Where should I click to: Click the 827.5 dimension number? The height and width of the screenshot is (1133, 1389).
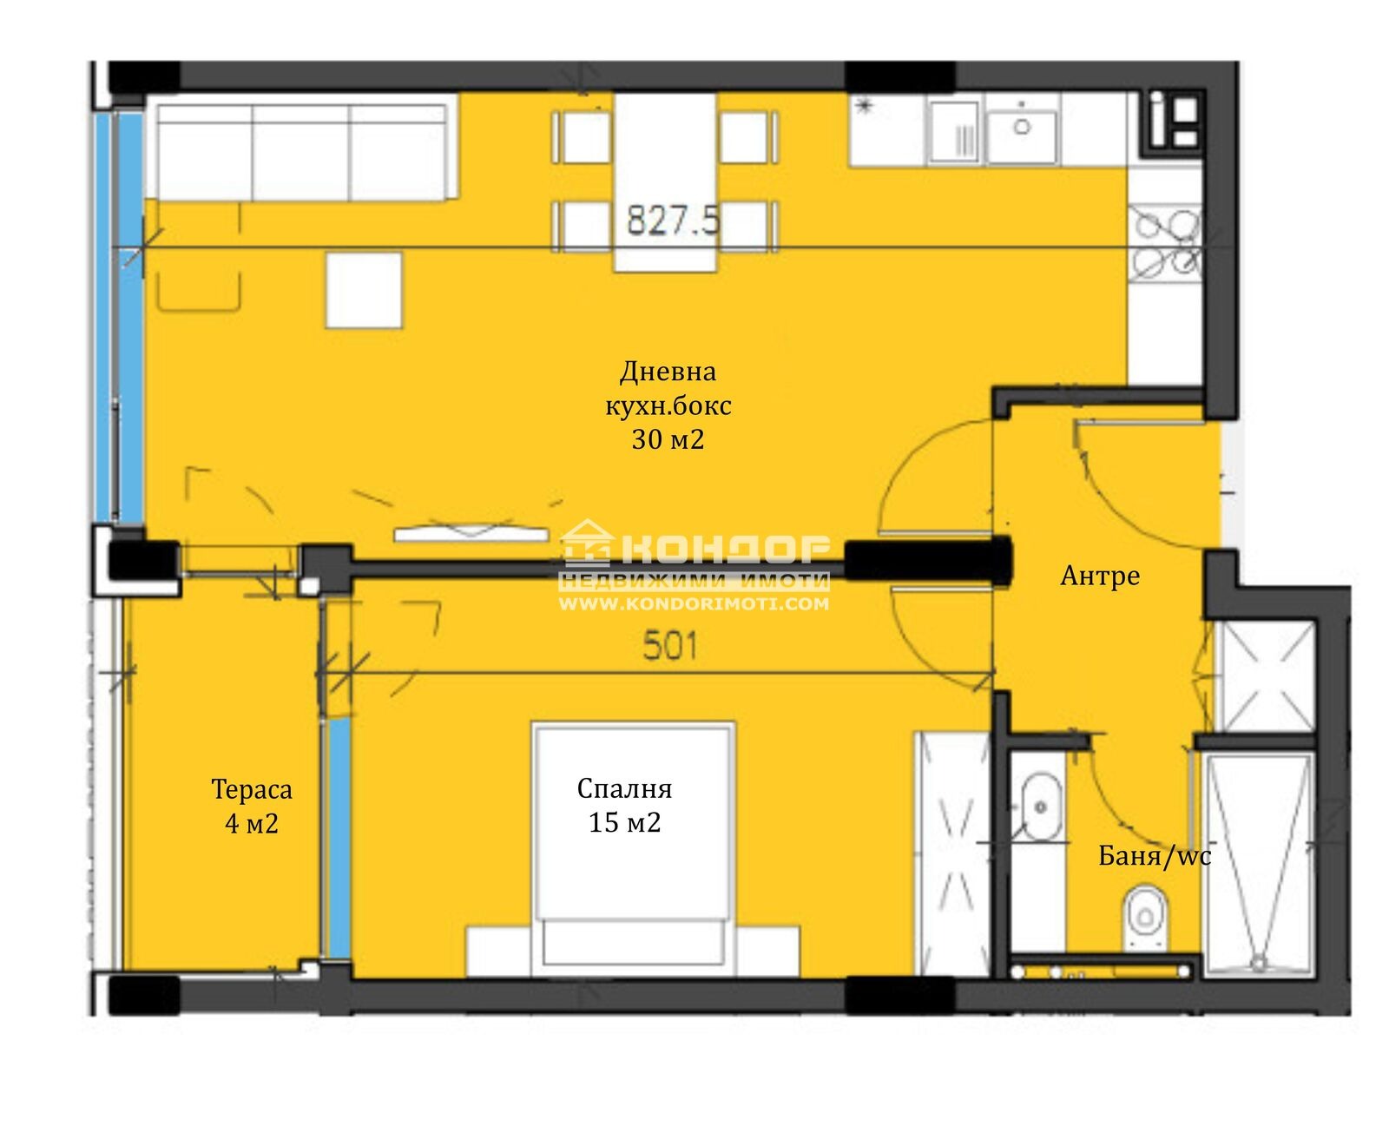672,220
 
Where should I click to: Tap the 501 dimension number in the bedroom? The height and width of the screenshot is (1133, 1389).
669,646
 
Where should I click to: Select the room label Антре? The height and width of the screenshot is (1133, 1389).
1099,576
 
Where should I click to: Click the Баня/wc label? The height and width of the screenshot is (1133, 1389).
1155,855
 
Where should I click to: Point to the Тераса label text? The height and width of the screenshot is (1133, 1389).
252,789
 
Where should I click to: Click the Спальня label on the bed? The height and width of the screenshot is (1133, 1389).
624,788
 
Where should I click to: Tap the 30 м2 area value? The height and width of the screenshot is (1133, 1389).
668,439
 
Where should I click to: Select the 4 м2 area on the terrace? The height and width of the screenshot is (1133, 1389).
252,823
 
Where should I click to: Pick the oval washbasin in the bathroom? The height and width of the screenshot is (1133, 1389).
1040,807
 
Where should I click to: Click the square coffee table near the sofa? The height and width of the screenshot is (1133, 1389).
364,290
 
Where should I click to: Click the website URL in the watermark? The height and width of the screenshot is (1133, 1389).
694,603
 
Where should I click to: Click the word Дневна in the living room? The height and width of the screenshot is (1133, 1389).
668,372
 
